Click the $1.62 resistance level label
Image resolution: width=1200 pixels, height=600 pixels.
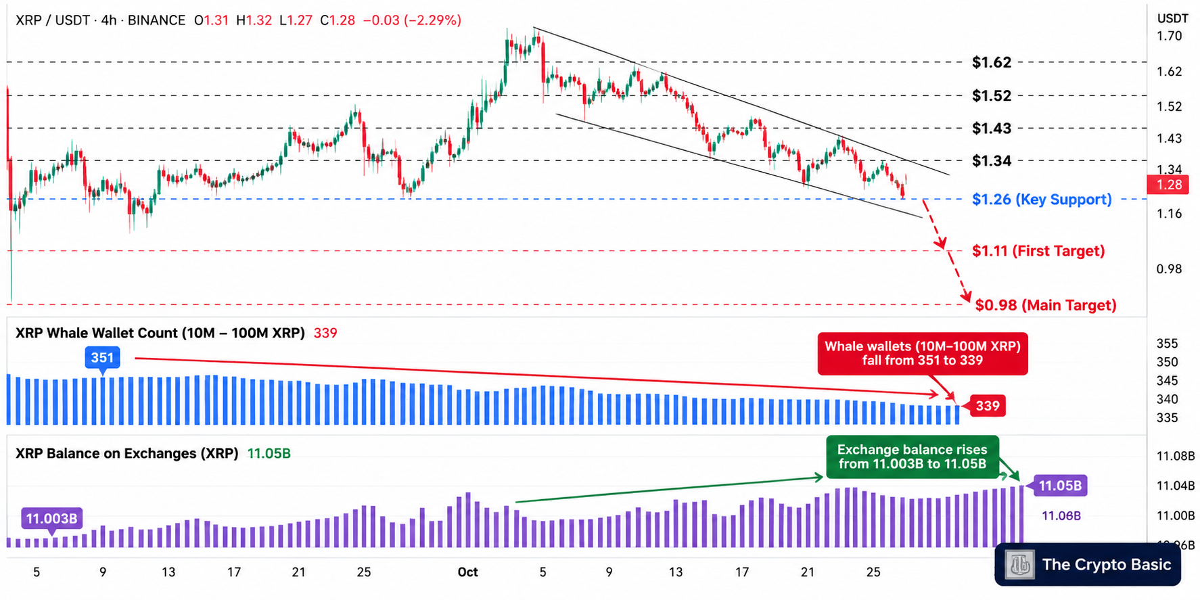(x=992, y=62)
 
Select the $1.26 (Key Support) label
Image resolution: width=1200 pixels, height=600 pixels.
(x=1042, y=200)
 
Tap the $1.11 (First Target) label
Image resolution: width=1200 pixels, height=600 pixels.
(x=1038, y=251)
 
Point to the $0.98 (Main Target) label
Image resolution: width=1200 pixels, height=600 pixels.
(x=1046, y=305)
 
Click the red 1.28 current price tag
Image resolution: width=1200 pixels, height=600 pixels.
(x=1168, y=185)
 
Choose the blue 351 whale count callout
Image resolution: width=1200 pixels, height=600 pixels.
(x=102, y=358)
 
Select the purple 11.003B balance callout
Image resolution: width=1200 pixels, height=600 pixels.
(x=51, y=519)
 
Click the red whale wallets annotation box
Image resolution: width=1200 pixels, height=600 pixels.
(x=923, y=353)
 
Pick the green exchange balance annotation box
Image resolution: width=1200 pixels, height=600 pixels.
(x=913, y=457)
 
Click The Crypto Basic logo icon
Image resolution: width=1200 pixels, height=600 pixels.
(x=1020, y=565)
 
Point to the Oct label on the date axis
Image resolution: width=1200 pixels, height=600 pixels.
(x=467, y=572)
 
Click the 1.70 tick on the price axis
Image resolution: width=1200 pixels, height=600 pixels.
(x=1170, y=36)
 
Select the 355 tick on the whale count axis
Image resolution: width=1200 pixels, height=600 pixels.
(x=1168, y=344)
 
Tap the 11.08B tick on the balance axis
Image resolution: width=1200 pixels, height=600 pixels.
(x=1176, y=456)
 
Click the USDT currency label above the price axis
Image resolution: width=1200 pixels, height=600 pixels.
(x=1173, y=18)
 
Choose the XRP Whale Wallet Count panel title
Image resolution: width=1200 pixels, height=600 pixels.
(x=160, y=333)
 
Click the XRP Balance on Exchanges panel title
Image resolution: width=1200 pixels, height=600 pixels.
(x=127, y=453)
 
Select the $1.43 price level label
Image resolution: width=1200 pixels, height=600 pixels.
(x=992, y=129)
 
